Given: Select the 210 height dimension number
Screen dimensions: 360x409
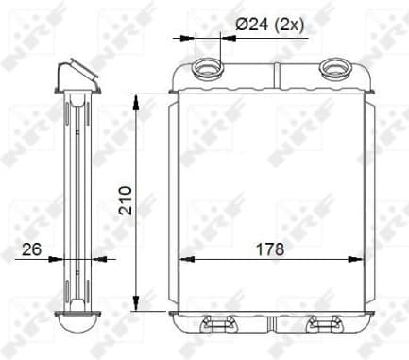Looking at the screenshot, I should click(x=123, y=200).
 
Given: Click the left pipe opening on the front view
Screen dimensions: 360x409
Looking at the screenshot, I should click(x=208, y=67).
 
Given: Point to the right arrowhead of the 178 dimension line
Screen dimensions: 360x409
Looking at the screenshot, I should click(x=354, y=258).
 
